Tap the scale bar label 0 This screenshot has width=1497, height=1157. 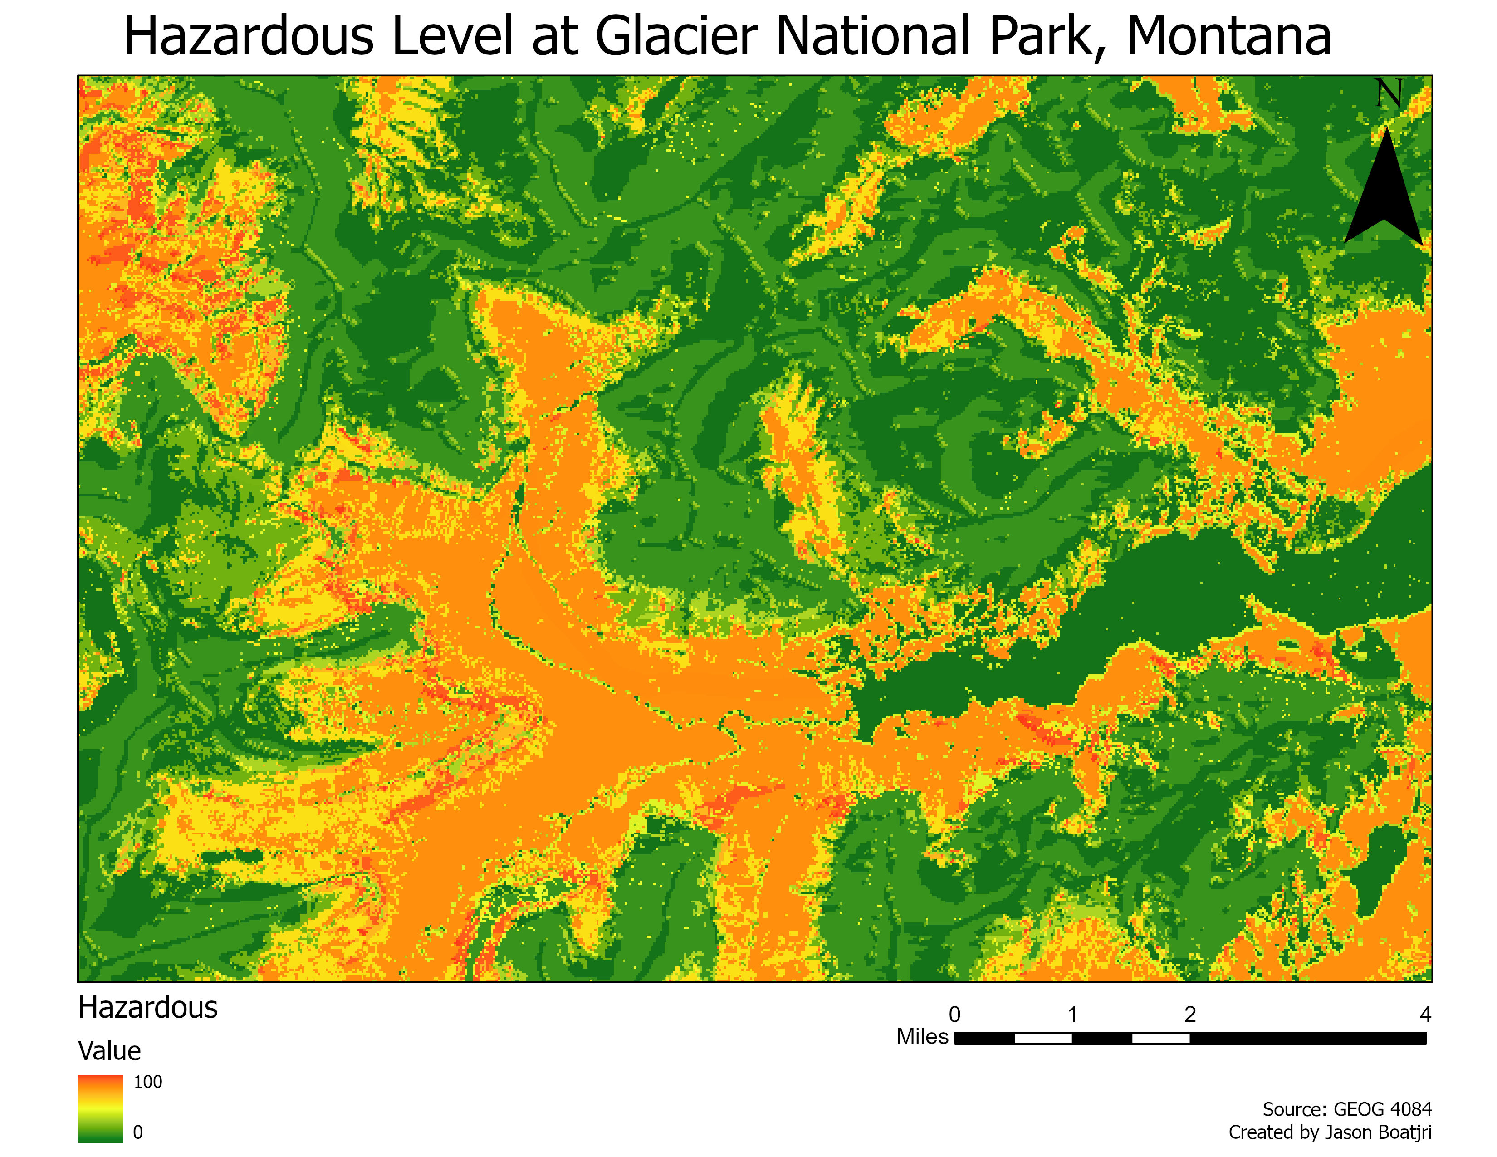(x=954, y=1015)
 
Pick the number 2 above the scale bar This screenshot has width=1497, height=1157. (x=1190, y=1015)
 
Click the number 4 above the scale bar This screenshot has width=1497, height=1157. (x=1425, y=1015)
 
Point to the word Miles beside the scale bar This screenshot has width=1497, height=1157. (x=922, y=1036)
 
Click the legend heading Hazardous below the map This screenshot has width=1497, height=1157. (x=147, y=1008)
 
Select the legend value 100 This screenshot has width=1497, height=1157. (x=147, y=1082)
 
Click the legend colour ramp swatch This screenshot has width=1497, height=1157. (x=100, y=1108)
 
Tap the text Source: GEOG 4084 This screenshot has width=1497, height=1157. (x=1347, y=1109)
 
